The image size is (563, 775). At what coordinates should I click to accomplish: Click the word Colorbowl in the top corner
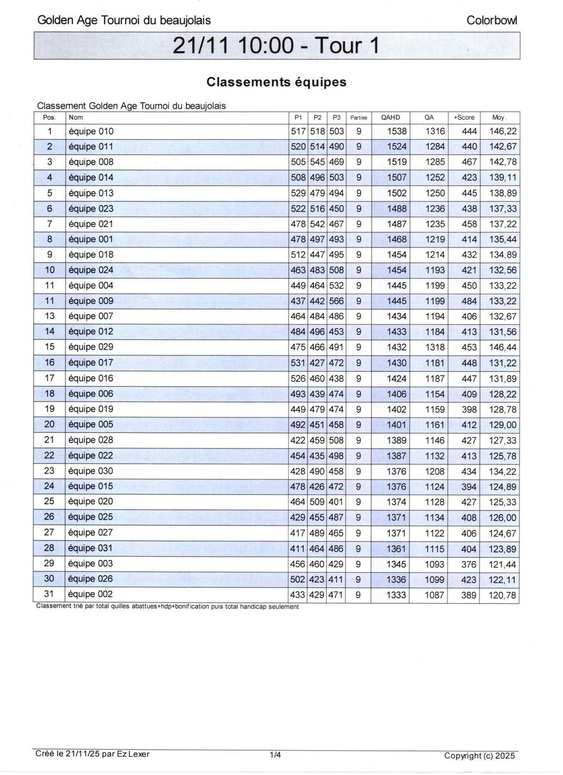pyautogui.click(x=492, y=20)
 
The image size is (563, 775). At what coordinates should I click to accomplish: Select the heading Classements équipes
pyautogui.click(x=277, y=82)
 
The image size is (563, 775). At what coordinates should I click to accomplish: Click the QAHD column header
pyautogui.click(x=390, y=117)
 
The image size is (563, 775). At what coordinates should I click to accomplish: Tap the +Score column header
pyautogui.click(x=463, y=117)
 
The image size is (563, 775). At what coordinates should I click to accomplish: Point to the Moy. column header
pyautogui.click(x=499, y=117)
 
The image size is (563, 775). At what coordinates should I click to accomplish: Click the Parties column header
pyautogui.click(x=358, y=117)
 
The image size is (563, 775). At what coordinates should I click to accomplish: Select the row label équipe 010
pyautogui.click(x=91, y=131)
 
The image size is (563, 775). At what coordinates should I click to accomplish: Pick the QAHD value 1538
pyautogui.click(x=397, y=131)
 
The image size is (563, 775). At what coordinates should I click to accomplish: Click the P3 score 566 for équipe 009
pyautogui.click(x=336, y=301)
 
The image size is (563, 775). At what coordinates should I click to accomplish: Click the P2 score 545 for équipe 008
pyautogui.click(x=317, y=162)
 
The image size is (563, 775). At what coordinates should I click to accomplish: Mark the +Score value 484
pyautogui.click(x=469, y=301)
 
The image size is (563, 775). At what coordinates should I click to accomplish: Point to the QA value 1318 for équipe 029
pyautogui.click(x=435, y=347)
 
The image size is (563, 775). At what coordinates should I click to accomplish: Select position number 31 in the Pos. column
pyautogui.click(x=49, y=594)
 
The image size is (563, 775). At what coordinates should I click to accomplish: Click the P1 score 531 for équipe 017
pyautogui.click(x=298, y=362)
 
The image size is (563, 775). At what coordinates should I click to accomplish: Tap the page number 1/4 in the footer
pyautogui.click(x=275, y=755)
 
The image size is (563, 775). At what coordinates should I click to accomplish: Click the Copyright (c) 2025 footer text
pyautogui.click(x=479, y=756)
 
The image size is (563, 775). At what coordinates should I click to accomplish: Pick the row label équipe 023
pyautogui.click(x=91, y=208)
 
